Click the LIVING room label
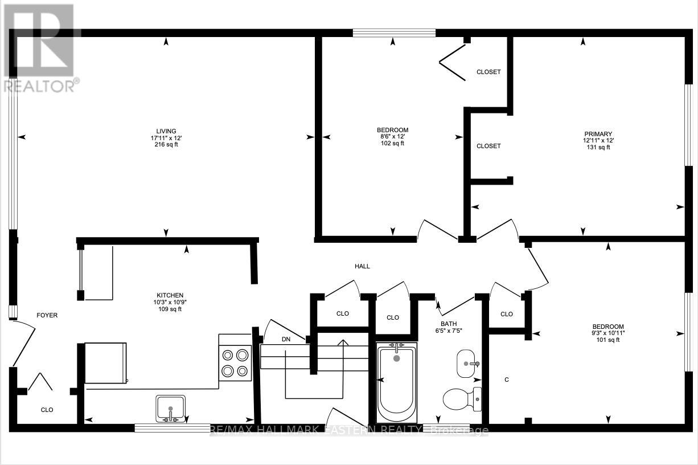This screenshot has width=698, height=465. [x=167, y=131]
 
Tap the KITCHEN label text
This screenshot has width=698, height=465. [x=167, y=296]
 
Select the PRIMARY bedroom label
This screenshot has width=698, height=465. [x=597, y=134]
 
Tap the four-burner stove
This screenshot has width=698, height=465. [x=235, y=363]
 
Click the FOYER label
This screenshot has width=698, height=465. [x=47, y=315]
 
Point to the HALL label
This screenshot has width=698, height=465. [x=362, y=266]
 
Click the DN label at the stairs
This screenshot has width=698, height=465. [x=286, y=339]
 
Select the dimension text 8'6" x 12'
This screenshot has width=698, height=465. [x=392, y=137]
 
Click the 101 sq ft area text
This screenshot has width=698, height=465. [x=607, y=340]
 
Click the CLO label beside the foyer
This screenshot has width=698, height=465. [x=47, y=409]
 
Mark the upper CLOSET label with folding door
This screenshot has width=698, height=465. [x=488, y=72]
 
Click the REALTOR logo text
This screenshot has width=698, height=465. [x=40, y=86]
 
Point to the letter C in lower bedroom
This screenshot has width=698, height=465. [x=506, y=380]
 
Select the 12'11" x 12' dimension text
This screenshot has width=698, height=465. [x=597, y=140]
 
